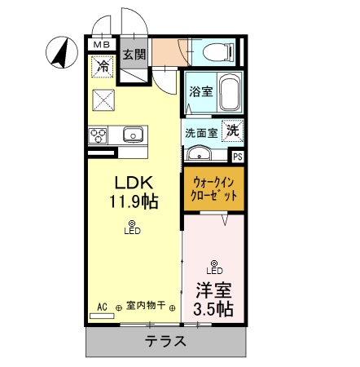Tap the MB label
coord(103,44)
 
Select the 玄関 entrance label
coord(134,55)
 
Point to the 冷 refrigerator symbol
coord(103,67)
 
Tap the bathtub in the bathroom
coord(227,94)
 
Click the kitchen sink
coord(133,135)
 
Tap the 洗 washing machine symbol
coord(233,129)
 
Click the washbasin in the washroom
coord(200,153)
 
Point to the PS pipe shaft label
coord(238,156)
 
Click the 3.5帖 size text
coord(214,309)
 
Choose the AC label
coord(103,307)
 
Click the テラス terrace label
coord(167,341)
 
